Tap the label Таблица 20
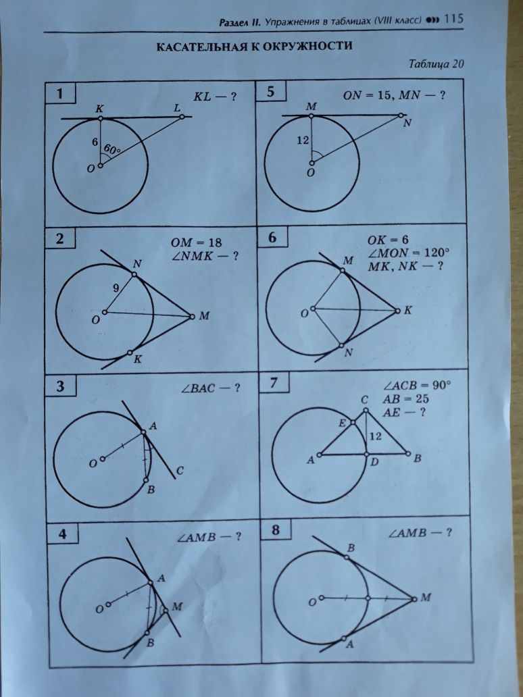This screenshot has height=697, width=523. [436, 64]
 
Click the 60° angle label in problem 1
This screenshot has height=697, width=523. [112, 149]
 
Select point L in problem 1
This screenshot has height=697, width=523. [182, 117]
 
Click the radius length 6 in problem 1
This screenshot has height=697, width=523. [95, 142]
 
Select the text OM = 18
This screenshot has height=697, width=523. [196, 243]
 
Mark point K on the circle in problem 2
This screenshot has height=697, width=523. [130, 353]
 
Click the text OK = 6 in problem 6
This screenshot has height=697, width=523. [387, 240]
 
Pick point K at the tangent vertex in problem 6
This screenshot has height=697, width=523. [397, 311]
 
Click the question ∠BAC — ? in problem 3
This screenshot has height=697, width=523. [210, 388]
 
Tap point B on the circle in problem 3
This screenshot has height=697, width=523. [147, 480]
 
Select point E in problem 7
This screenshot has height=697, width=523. [353, 422]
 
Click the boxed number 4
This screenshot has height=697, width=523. [63, 534]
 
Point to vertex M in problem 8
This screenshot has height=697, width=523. [414, 599]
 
